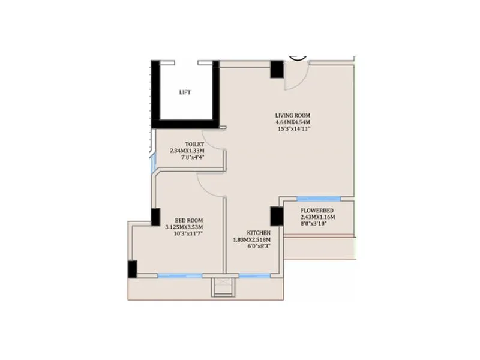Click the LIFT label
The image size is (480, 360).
click(x=185, y=92)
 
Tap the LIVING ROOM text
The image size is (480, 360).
click(x=293, y=115)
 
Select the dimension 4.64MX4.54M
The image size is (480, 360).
click(x=293, y=122)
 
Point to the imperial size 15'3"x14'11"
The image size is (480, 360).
click(x=293, y=128)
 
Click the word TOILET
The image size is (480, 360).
click(x=194, y=145)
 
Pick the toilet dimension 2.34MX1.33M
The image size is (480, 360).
click(x=187, y=151)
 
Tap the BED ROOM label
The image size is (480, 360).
click(x=184, y=220)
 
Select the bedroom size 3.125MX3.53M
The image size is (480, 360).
click(x=184, y=227)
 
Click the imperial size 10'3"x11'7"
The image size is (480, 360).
click(x=184, y=233)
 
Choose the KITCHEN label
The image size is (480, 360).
click(x=259, y=233)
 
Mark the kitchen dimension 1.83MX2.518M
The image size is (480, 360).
click(x=251, y=239)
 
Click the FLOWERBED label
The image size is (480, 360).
click(x=317, y=211)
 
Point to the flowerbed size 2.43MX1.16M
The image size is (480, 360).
click(x=317, y=217)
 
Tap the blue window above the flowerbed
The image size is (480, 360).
click(x=319, y=199)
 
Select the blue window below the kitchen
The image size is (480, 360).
click(x=255, y=276)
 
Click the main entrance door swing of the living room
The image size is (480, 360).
click(x=297, y=77)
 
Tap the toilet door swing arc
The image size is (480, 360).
click(x=213, y=137)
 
